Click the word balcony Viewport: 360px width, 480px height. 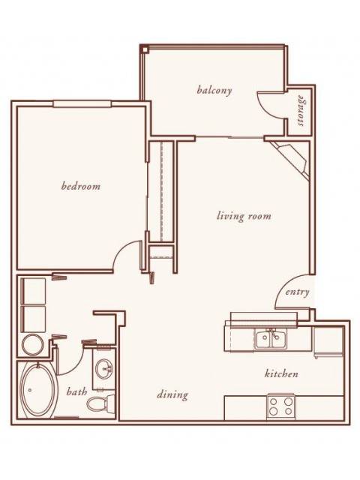tap(214, 90)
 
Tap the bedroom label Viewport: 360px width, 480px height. tap(81, 186)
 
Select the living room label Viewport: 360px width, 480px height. tap(244, 216)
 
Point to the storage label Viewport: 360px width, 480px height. tap(301, 110)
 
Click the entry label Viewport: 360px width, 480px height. tap(297, 292)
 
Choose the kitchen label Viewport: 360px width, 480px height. tap(281, 373)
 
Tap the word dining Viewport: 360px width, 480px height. tap(172, 394)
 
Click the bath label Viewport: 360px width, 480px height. tap(76, 391)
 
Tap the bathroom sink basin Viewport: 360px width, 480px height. tap(104, 368)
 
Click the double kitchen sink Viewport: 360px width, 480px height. tap(271, 339)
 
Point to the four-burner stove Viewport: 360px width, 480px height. tap(280, 406)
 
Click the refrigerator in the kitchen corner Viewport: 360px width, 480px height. tap(328, 341)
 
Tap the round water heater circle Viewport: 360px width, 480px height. tap(32, 344)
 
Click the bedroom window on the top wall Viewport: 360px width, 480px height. tap(82, 104)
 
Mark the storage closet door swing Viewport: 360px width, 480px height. tap(271, 105)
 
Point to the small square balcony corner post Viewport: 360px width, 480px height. tap(145, 48)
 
